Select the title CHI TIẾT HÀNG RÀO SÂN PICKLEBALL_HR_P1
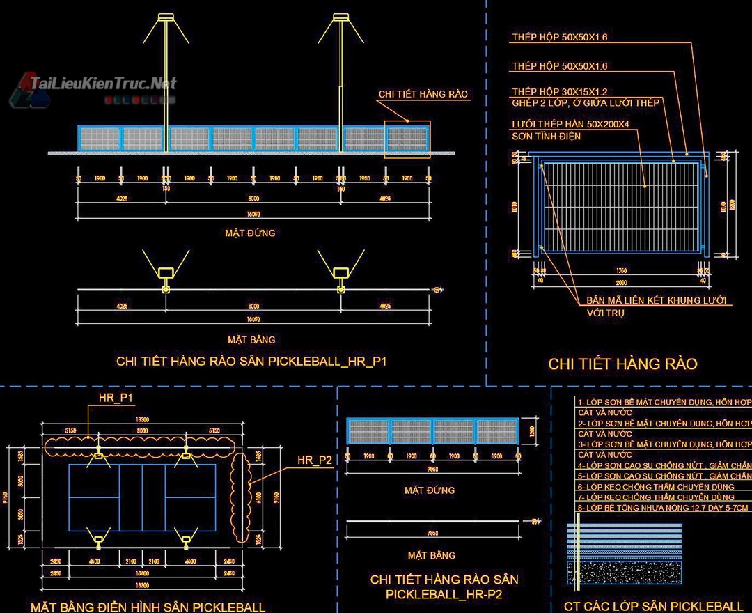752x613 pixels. point(251,361)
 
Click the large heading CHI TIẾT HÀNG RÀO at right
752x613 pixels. point(622,364)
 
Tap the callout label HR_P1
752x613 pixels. point(116,398)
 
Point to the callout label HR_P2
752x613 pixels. point(315,460)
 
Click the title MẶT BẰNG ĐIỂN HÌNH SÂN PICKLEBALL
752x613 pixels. point(148,607)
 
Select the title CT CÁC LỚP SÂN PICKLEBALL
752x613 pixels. point(653,606)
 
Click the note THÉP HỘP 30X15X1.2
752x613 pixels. point(560,92)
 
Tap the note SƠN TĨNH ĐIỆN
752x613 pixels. point(546,137)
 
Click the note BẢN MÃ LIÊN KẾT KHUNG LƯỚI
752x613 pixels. point(656,300)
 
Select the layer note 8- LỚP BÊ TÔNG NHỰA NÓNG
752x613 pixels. point(664,508)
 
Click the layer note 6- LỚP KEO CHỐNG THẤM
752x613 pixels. point(656,487)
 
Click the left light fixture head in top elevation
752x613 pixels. point(166,17)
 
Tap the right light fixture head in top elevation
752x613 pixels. point(340,17)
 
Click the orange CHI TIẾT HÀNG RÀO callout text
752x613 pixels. point(423,94)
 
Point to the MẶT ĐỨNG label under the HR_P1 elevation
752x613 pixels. point(250,233)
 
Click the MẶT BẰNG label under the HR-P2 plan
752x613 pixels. point(431,555)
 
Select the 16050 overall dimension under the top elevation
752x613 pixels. point(253,213)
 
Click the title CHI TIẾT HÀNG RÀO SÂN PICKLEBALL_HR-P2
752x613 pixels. point(444,587)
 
